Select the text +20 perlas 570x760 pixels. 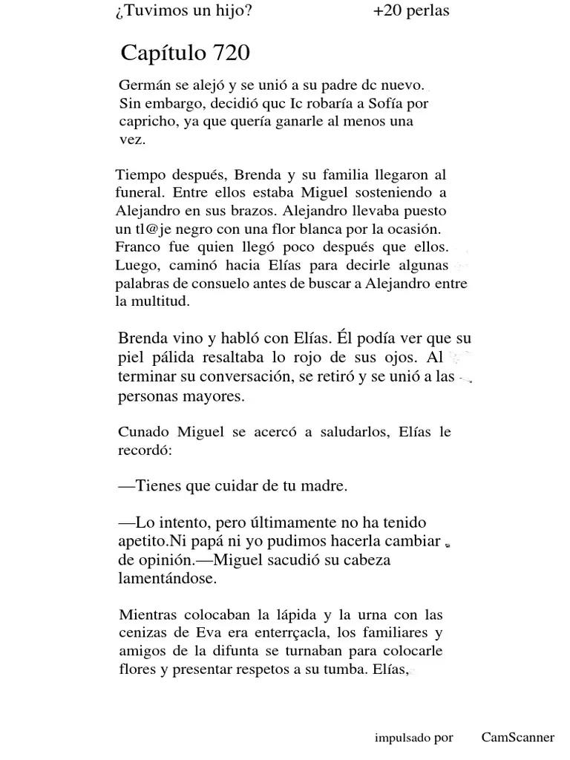411,11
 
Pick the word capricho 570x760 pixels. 146,122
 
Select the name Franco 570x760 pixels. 135,245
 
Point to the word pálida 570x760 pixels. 176,357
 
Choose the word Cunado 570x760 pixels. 145,432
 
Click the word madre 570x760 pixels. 326,487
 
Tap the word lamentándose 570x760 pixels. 167,579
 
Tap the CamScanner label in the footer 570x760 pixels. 517,737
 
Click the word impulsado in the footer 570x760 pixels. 402,738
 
